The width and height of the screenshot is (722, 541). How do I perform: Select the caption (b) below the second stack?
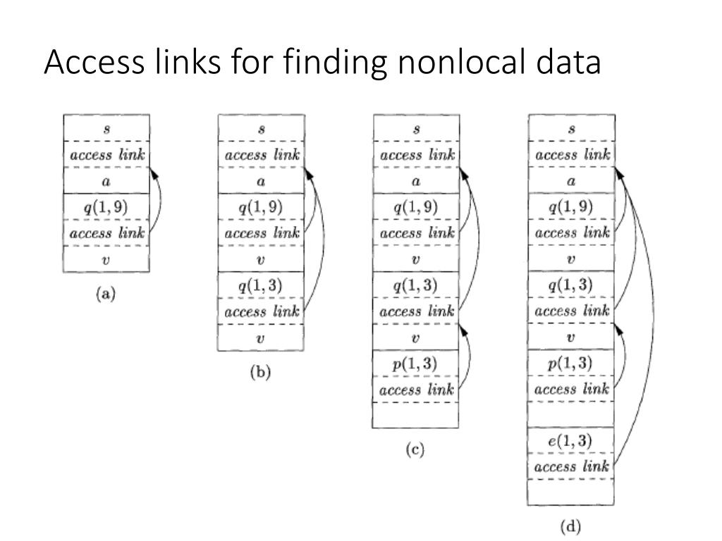(x=260, y=373)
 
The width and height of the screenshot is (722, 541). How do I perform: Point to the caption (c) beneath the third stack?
(x=415, y=451)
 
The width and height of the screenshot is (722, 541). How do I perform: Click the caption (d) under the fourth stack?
(x=570, y=526)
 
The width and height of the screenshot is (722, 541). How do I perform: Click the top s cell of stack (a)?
(x=106, y=129)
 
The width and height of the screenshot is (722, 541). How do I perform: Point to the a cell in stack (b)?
(x=261, y=181)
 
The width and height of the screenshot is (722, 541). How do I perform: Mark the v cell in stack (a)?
(x=106, y=259)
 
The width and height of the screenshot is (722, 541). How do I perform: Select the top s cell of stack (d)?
(x=571, y=129)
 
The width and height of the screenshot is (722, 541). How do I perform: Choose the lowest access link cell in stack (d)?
(x=571, y=467)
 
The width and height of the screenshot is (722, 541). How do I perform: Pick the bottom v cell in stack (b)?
(x=261, y=337)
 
